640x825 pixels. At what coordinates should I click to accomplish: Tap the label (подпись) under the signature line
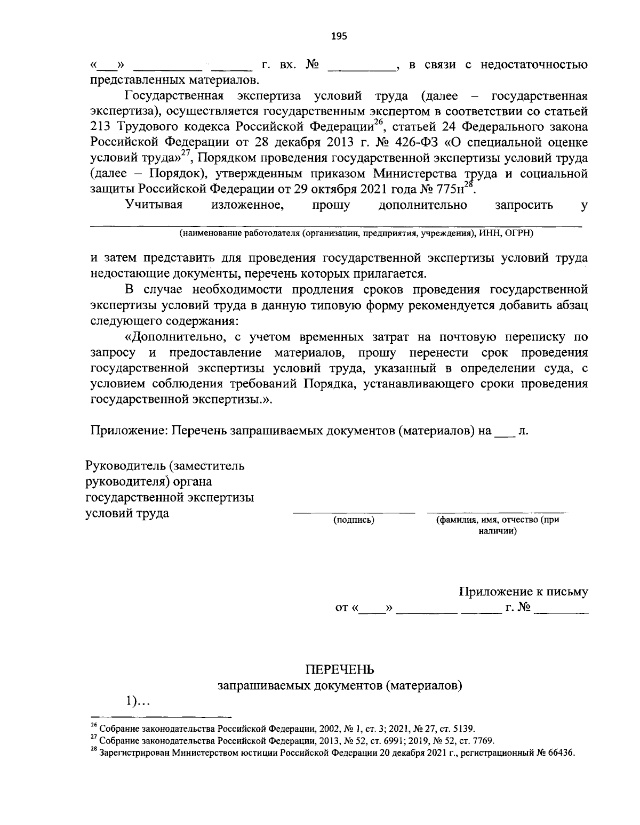353,520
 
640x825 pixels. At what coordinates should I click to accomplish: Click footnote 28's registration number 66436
561,753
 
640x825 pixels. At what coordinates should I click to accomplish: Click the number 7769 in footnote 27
482,741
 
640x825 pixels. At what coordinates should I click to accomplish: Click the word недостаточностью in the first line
534,65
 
